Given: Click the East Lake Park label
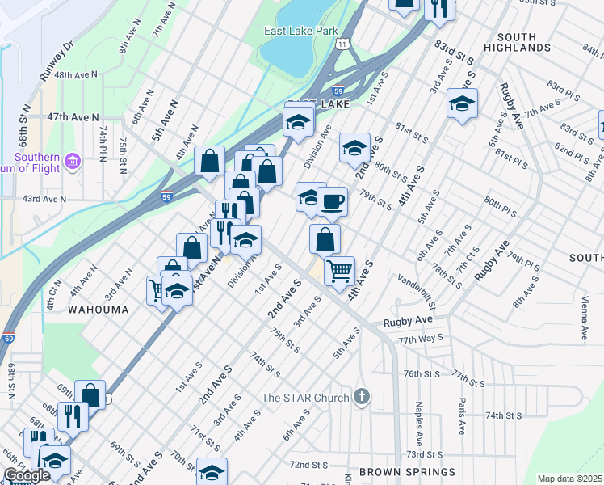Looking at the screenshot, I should pyautogui.click(x=300, y=32).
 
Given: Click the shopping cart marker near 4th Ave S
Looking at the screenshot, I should pyautogui.click(x=340, y=270).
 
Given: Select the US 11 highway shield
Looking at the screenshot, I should pyautogui.click(x=345, y=42).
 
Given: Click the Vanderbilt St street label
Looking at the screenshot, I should pyautogui.click(x=416, y=292).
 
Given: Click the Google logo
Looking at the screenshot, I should pyautogui.click(x=26, y=476).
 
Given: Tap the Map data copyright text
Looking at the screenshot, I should pyautogui.click(x=570, y=479).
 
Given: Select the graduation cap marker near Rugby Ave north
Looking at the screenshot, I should pyautogui.click(x=462, y=103).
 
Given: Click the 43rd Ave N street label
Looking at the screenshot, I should pyautogui.click(x=44, y=198).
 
